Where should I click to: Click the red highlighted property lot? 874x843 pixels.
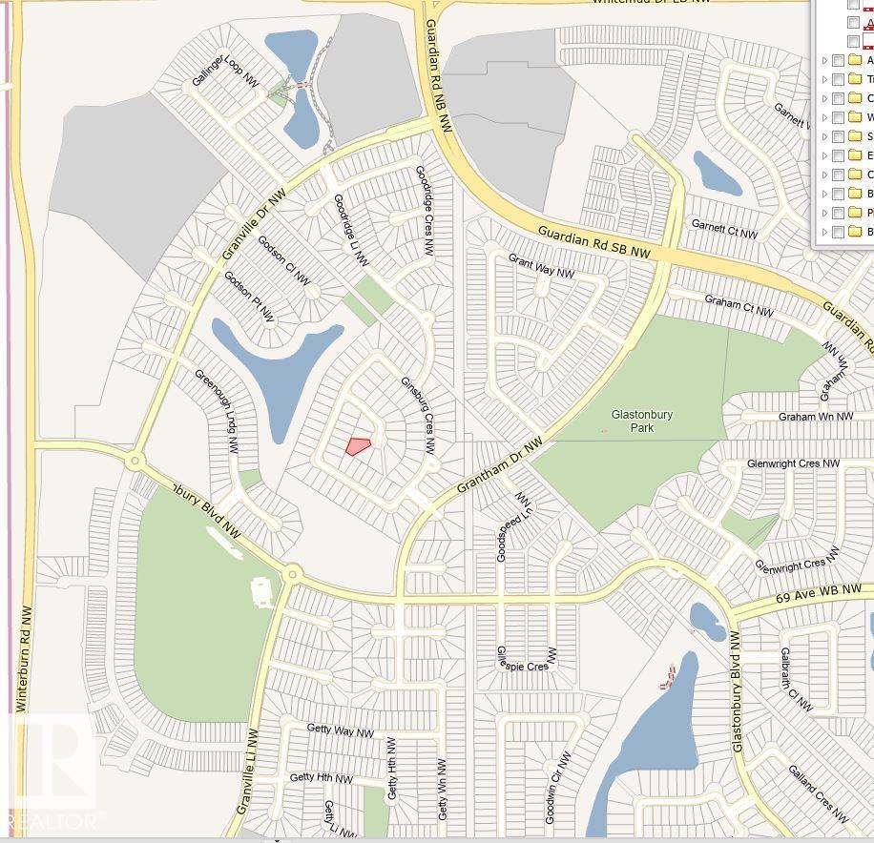358,445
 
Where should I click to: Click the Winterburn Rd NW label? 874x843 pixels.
24,660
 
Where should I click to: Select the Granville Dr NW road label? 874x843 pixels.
254,225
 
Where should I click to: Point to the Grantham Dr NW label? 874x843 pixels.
499,465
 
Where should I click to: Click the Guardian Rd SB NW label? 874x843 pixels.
593,242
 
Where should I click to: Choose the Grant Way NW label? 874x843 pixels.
541,266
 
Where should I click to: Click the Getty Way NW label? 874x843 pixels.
340,730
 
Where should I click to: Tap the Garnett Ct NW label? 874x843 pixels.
724,229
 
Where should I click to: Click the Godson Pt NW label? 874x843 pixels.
248,297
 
